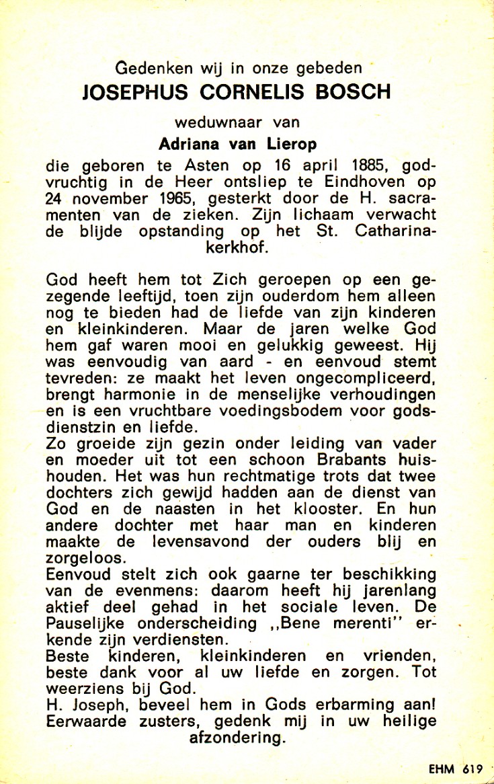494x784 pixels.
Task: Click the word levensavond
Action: [194, 541]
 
